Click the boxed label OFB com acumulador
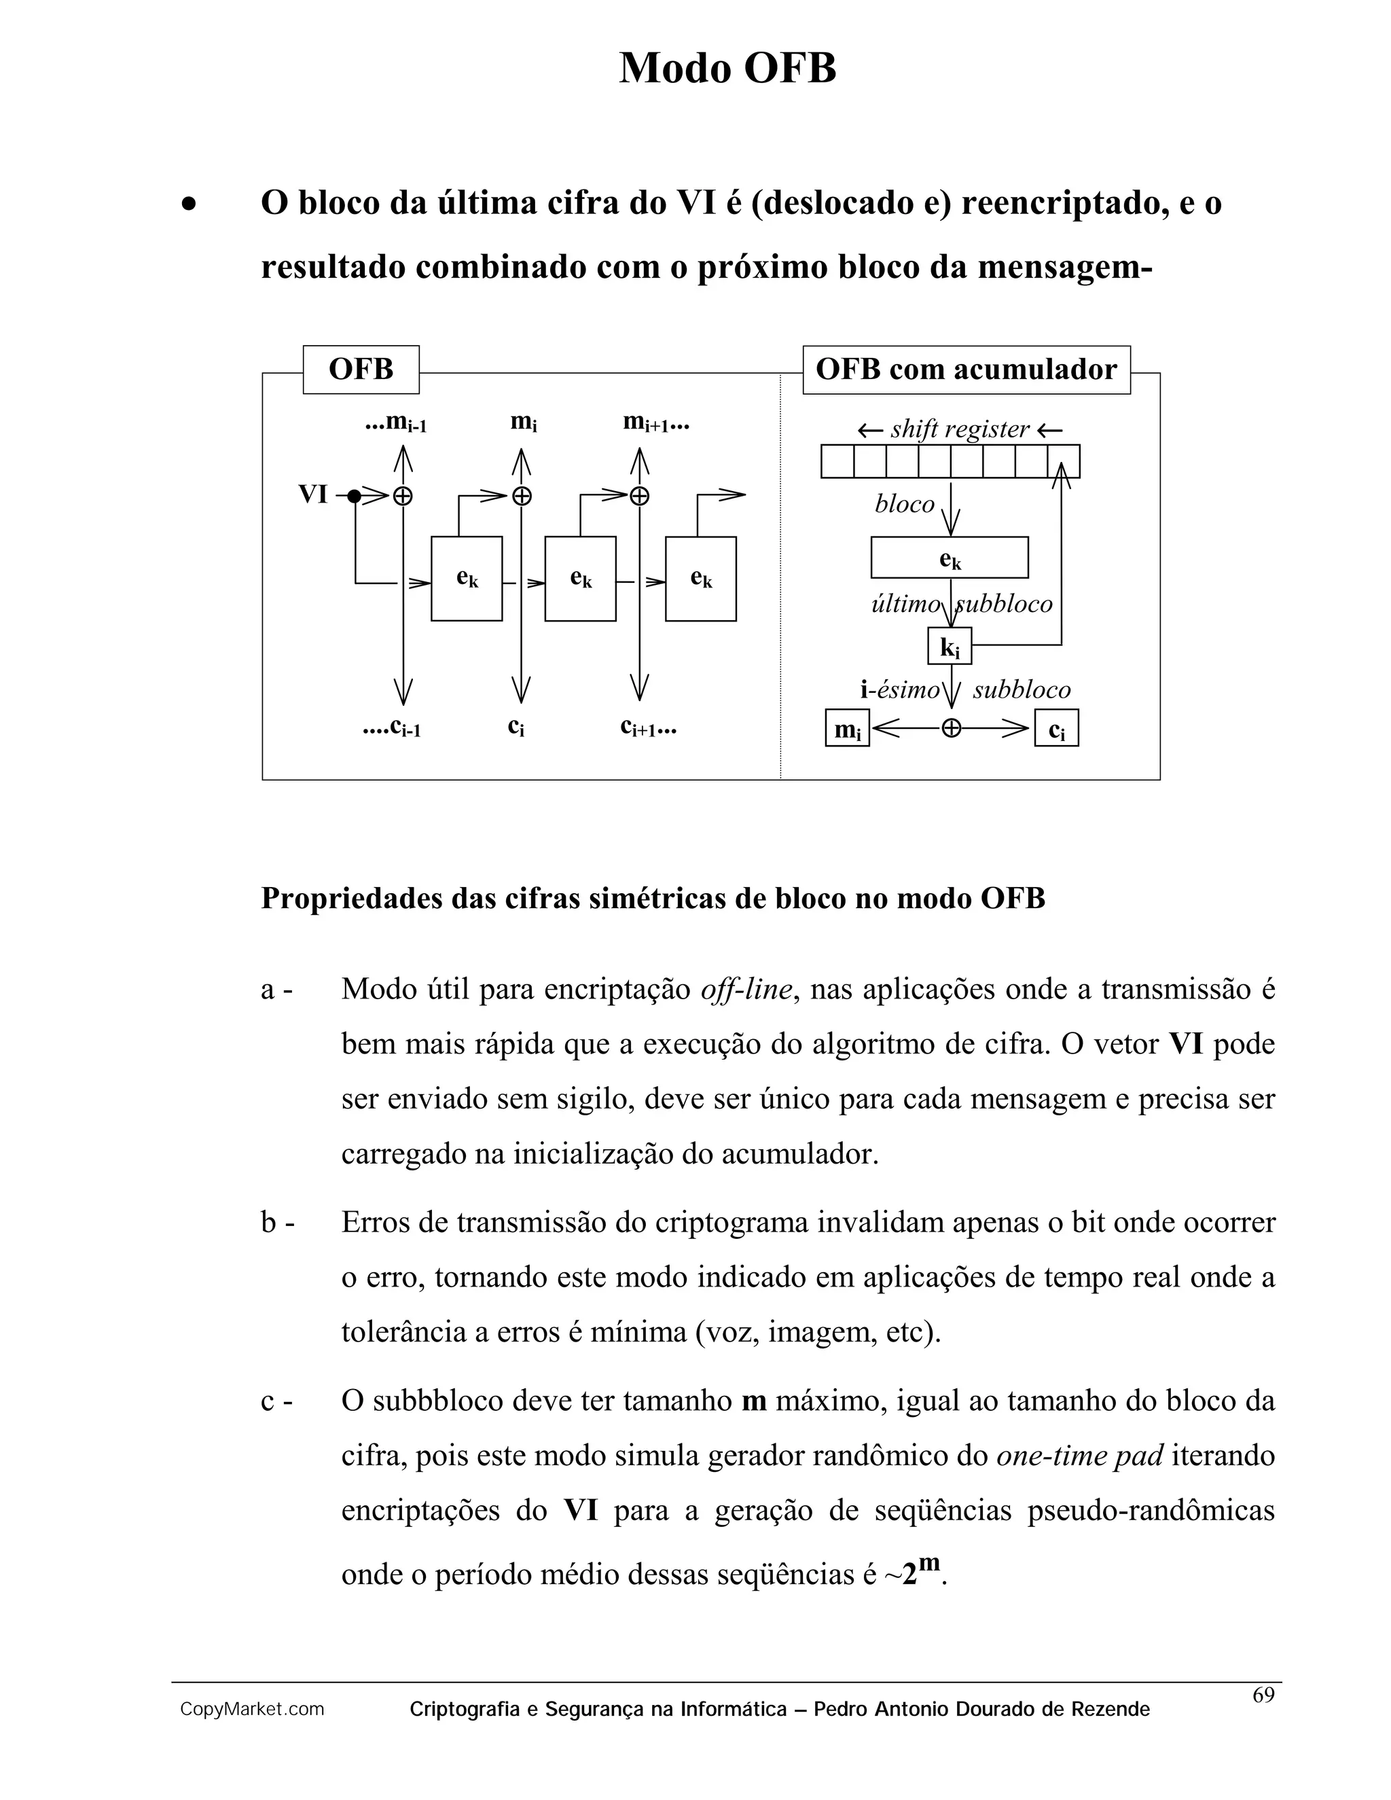(x=966, y=370)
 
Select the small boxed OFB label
(x=361, y=370)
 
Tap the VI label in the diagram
(x=313, y=494)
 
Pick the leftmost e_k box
(x=467, y=579)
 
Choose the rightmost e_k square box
(x=700, y=579)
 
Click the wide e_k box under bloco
(x=950, y=558)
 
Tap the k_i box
(x=950, y=646)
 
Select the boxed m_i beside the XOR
(x=847, y=729)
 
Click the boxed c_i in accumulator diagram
(x=1056, y=729)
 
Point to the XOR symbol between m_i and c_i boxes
(x=951, y=729)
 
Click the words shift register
(x=959, y=429)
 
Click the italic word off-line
(x=746, y=989)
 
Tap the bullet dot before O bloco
(x=189, y=204)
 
